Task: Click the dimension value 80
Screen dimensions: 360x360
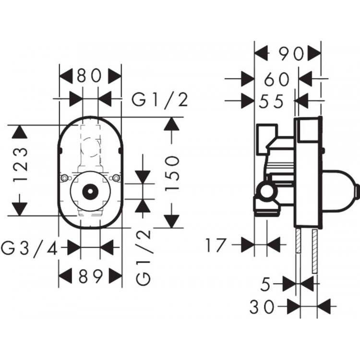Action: (90, 76)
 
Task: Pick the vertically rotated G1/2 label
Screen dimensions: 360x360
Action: (144, 257)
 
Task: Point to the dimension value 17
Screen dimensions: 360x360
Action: (216, 245)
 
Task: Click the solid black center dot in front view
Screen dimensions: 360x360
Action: (89, 191)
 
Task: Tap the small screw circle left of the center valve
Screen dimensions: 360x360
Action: (64, 179)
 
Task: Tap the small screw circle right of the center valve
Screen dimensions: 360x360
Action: (115, 179)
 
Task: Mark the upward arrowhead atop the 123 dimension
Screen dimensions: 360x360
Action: (19, 132)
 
